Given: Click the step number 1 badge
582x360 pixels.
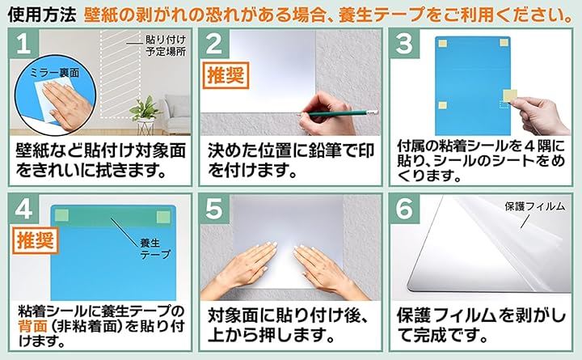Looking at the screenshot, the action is click(x=24, y=44).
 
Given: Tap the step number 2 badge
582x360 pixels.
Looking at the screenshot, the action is click(x=214, y=44).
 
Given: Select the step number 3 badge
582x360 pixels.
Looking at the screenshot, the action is click(x=404, y=44).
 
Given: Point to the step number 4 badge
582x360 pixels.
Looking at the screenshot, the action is click(x=24, y=209).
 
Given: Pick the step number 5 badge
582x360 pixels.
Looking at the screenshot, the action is click(x=214, y=209).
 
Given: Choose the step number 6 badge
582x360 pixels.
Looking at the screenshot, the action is click(x=404, y=209).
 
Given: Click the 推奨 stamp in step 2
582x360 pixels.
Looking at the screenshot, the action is click(x=226, y=75).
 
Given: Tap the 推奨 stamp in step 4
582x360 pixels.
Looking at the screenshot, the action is click(x=36, y=240).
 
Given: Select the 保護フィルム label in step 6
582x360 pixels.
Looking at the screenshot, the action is click(x=534, y=206).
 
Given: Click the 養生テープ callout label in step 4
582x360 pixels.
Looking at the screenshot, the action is click(x=154, y=248).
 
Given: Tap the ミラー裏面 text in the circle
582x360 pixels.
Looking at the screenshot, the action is click(x=55, y=73).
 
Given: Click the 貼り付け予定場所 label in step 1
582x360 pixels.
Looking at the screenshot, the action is click(x=166, y=45).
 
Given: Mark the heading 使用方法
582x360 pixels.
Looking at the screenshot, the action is click(x=41, y=15).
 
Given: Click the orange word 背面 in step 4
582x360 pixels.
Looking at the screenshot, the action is click(x=32, y=327).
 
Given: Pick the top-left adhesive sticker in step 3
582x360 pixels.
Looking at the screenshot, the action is click(x=442, y=44).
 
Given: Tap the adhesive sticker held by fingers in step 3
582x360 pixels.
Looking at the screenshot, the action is click(x=510, y=95).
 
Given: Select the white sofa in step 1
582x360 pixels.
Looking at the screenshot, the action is click(x=176, y=115).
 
